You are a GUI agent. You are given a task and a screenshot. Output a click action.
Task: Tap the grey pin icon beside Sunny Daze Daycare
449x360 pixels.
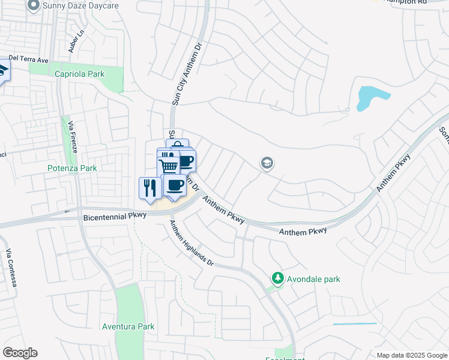[x=34, y=5]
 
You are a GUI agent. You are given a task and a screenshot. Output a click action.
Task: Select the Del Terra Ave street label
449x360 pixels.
[x=28, y=60]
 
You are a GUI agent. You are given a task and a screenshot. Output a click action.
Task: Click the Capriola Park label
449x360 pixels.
[x=79, y=74]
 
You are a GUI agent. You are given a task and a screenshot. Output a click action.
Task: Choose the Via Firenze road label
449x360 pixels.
[x=72, y=137]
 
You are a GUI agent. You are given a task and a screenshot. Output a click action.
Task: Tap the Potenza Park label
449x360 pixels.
[x=72, y=169]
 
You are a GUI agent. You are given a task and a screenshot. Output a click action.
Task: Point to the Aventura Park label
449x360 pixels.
[x=128, y=326]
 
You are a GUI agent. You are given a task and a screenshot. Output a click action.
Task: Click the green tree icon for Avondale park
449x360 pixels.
[x=277, y=278]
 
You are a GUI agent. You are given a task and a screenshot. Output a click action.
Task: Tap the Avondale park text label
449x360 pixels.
[x=313, y=279]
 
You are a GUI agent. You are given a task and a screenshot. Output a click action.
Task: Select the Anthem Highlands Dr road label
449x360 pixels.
[x=191, y=242]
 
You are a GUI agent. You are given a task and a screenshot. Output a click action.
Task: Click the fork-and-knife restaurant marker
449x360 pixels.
[x=149, y=188]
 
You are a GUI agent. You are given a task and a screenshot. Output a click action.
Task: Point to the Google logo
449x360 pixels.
[x=20, y=353]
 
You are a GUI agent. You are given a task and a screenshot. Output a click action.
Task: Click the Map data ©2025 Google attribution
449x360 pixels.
[x=412, y=355]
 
